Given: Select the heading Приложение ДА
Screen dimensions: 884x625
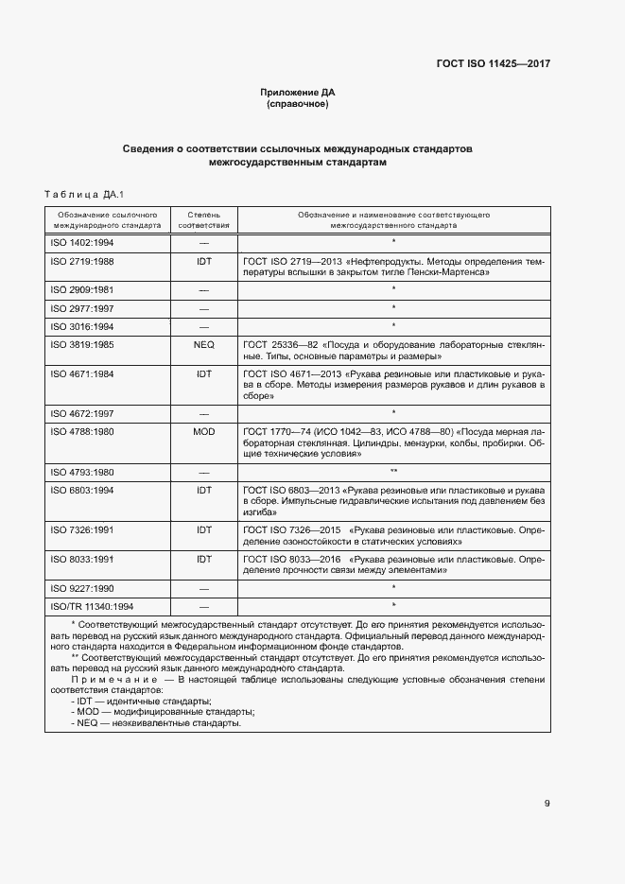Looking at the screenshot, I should click(298, 92).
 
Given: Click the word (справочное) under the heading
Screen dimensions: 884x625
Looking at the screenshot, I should click(298, 104).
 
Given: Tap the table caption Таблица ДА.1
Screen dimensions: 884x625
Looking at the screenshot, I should click(85, 194).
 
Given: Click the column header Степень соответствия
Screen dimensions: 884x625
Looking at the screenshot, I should click(203, 221).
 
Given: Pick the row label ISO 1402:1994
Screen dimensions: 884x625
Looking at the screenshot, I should click(80, 243).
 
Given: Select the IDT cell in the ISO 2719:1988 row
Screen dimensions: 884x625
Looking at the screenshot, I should click(203, 261).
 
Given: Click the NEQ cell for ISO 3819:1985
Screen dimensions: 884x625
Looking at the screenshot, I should click(203, 346).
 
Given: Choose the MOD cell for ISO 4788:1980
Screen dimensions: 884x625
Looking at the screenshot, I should click(203, 431).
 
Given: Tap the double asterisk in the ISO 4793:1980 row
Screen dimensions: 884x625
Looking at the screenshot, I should click(392, 471).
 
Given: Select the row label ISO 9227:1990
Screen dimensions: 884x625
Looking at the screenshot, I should click(80, 588).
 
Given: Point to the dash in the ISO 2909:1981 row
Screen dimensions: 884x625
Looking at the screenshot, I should click(203, 289).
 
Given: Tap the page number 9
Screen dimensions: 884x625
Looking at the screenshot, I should click(547, 804).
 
